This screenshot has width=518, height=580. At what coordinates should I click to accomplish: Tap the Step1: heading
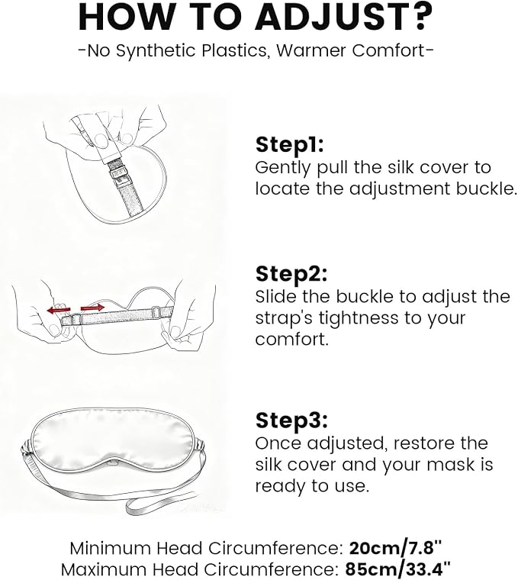tap(289, 144)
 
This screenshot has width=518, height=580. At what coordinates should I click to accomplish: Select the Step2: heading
tap(291, 274)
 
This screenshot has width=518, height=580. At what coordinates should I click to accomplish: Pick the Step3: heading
tap(291, 420)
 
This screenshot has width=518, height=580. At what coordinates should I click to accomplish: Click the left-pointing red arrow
tap(59, 310)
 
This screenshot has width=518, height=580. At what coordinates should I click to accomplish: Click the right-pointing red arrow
tap(92, 307)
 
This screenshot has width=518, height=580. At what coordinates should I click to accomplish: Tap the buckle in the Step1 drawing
tap(117, 178)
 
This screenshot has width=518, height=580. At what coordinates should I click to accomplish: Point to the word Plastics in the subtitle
tap(233, 50)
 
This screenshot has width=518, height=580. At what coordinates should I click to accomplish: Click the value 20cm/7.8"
tap(395, 548)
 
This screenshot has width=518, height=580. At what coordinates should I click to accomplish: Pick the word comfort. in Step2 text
tap(291, 339)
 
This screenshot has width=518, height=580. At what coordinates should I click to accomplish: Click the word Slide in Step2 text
tap(276, 297)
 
